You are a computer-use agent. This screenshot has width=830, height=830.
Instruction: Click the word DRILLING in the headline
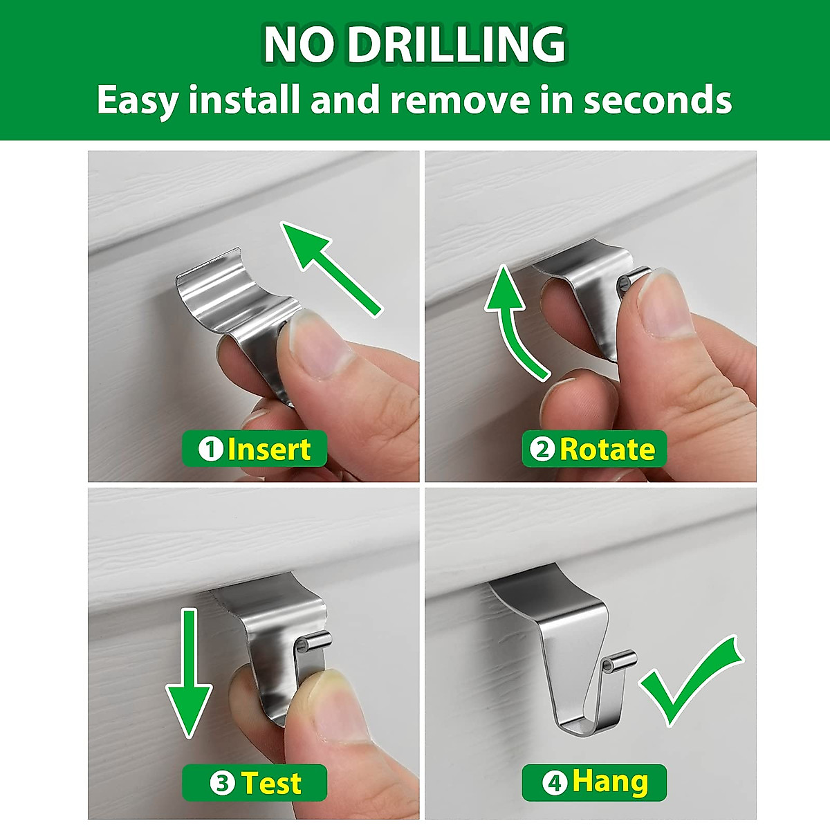point(456,45)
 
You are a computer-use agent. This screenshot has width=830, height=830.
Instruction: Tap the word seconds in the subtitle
point(657,100)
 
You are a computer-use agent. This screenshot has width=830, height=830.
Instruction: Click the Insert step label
point(268,450)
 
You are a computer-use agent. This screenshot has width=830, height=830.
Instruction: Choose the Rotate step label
point(607,450)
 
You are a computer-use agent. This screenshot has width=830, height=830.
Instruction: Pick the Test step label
point(270,784)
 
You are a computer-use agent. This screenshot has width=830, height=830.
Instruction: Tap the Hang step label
point(609,782)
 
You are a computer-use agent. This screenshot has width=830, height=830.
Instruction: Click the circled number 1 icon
point(210,450)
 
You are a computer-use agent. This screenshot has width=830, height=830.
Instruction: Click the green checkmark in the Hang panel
point(692,681)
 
